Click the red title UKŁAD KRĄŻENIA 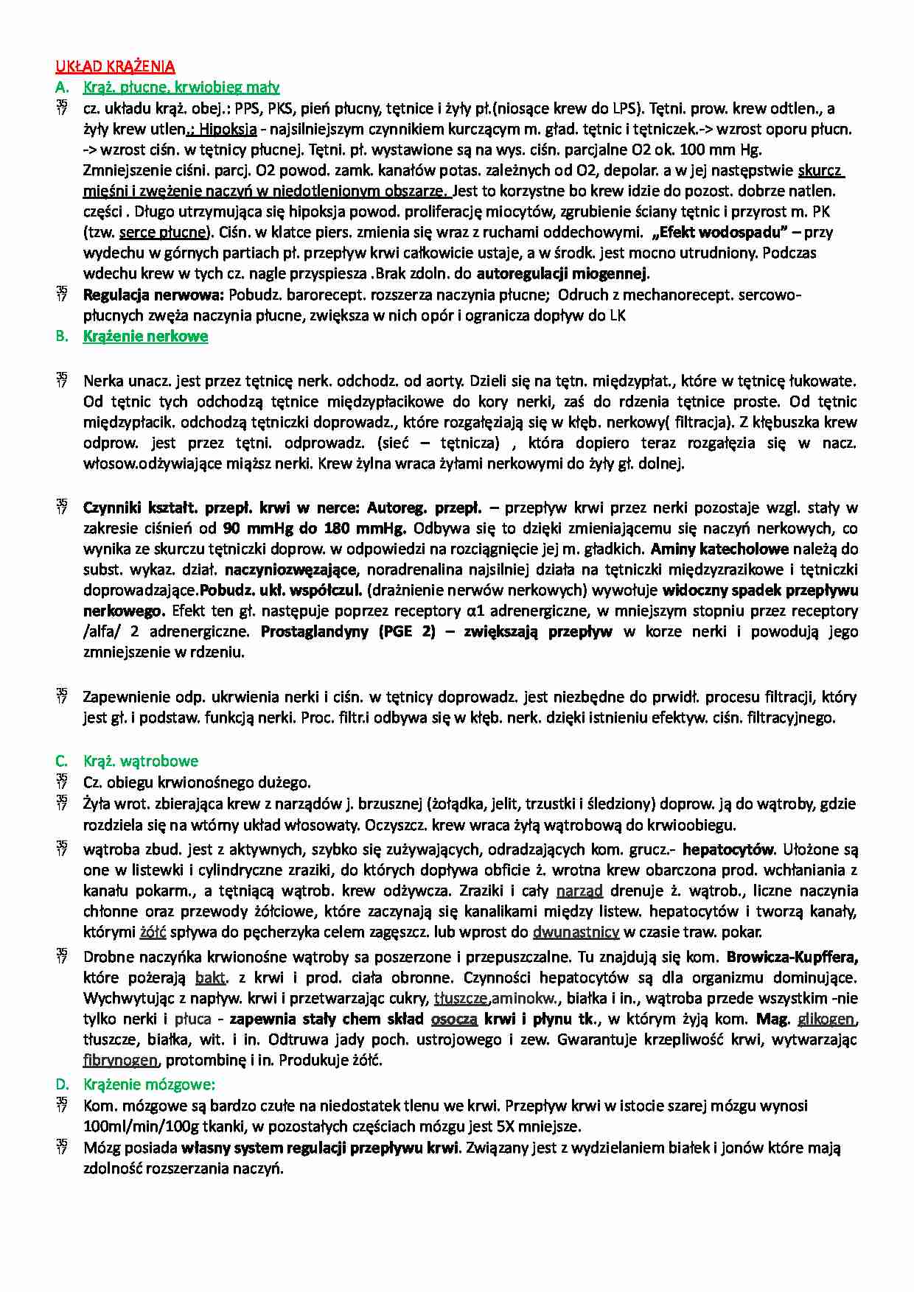[115, 66]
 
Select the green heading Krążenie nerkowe [145, 337]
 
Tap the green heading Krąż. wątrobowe [141, 761]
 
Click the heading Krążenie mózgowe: [149, 1084]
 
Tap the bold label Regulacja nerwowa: [153, 295]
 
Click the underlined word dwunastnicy [576, 932]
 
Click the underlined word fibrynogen [121, 1061]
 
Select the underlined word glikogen [826, 1019]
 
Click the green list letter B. [61, 337]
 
